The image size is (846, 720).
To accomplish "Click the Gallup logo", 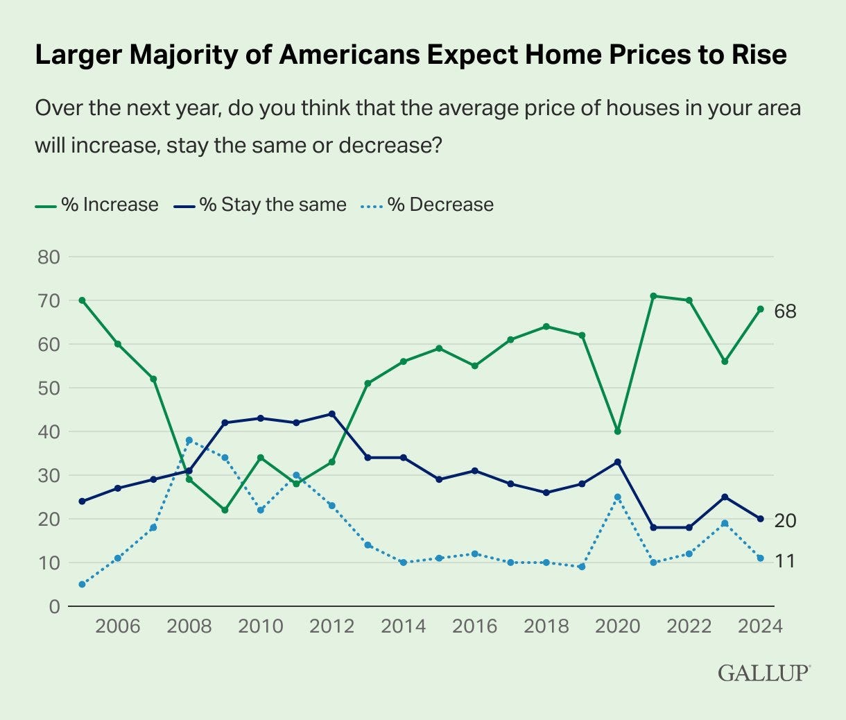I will tap(764, 672).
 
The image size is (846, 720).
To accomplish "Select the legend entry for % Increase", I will tap(97, 205).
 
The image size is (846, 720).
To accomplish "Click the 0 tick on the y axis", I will tap(54, 606).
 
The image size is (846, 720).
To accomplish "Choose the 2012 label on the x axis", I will tap(332, 626).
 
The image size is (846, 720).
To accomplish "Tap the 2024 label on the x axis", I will tap(760, 626).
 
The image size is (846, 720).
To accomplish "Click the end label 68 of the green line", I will tap(786, 311).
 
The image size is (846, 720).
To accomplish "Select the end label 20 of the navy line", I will tap(785, 520).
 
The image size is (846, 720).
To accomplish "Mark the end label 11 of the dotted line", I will tap(784, 560).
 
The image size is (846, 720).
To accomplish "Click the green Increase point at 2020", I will tap(617, 431).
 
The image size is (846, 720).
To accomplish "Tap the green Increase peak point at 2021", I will tap(653, 296).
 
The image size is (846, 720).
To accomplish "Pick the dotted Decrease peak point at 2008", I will tap(189, 440).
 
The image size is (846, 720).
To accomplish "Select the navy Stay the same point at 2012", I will tap(331, 414).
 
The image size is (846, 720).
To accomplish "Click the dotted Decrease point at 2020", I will tap(617, 497).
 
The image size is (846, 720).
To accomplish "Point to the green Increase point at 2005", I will tap(82, 300).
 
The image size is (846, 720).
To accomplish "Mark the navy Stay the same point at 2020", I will tap(617, 462).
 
